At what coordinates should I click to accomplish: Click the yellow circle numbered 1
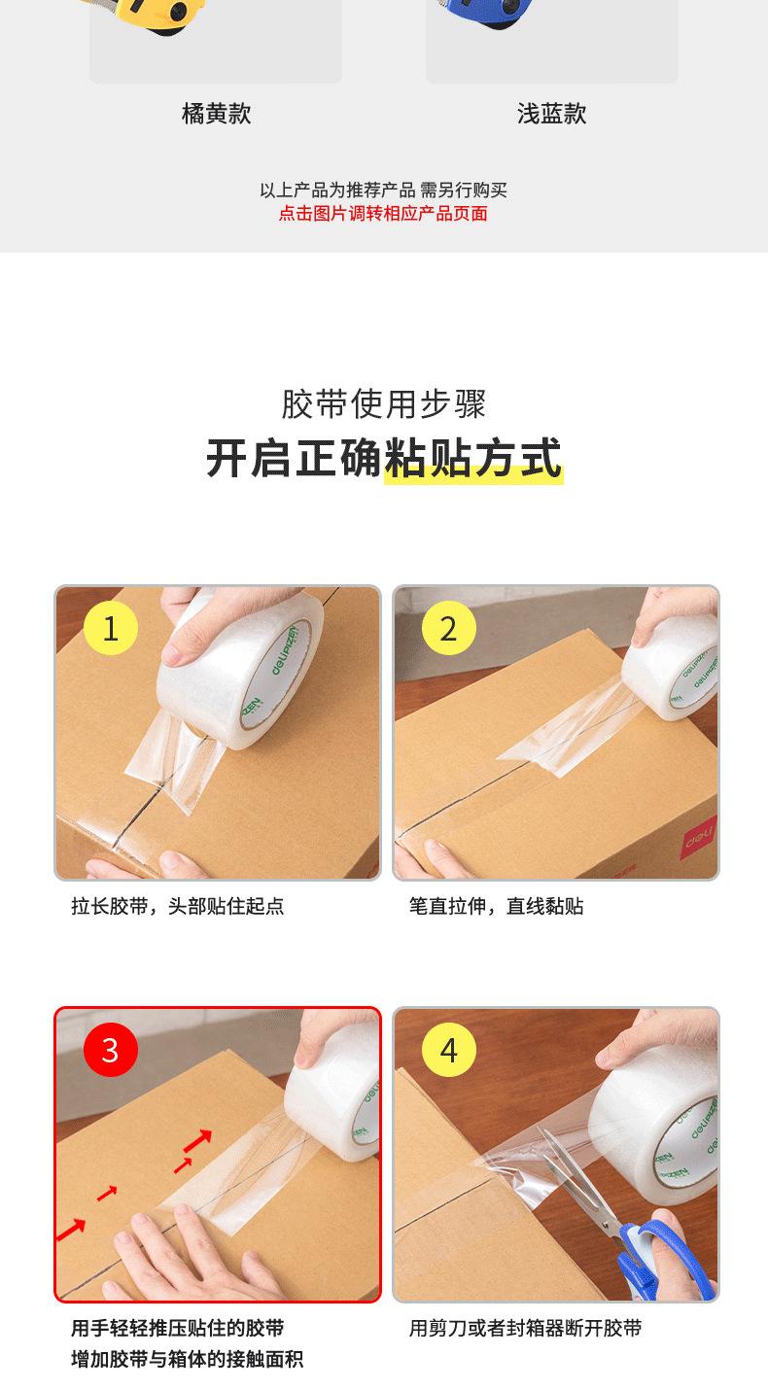111,628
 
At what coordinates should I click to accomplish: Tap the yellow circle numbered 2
449,628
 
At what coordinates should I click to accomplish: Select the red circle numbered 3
111,1050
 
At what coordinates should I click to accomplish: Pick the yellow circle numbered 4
449,1050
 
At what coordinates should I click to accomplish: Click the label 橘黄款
216,114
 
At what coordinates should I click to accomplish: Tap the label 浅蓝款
552,114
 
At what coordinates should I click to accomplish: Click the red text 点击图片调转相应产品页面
383,214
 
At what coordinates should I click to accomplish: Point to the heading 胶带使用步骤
384,404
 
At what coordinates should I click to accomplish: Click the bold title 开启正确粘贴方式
384,458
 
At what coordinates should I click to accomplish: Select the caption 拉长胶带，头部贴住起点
178,906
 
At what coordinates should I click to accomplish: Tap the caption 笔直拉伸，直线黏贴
496,906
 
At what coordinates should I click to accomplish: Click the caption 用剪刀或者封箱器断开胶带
525,1328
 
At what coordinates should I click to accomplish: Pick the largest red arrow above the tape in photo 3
197,1139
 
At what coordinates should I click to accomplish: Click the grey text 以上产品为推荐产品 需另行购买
383,190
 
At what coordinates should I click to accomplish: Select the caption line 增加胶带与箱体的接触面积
187,1358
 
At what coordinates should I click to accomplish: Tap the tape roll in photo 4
655,1135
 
